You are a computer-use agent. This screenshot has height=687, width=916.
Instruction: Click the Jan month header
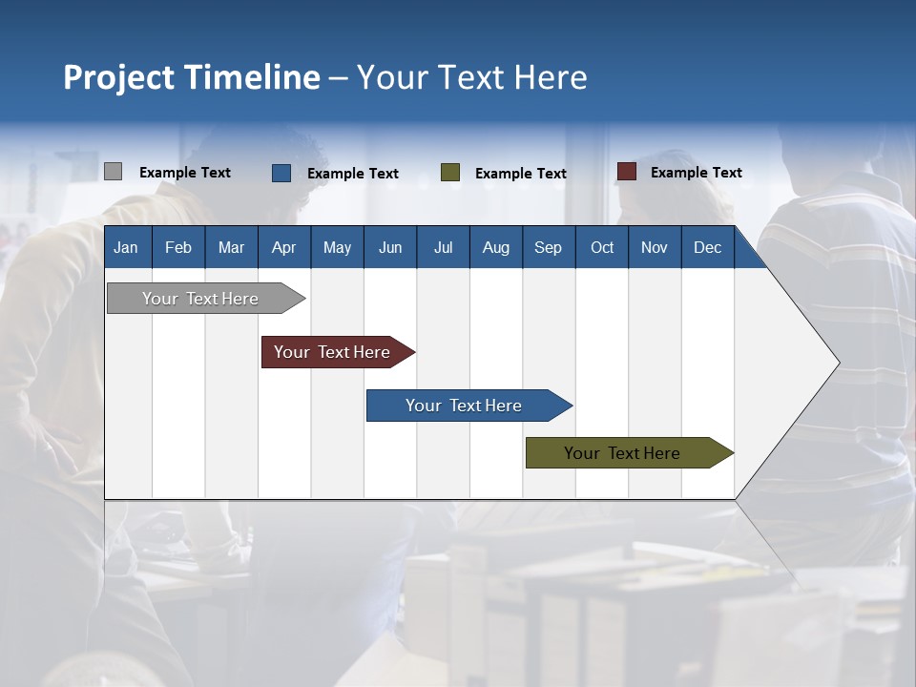[126, 248]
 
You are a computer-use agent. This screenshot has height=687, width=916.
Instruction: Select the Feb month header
[178, 248]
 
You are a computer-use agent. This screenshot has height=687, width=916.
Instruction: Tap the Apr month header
[283, 248]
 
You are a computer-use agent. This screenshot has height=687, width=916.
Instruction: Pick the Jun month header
[390, 248]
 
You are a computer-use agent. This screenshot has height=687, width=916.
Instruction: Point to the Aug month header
[496, 248]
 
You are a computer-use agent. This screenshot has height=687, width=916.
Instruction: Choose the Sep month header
[548, 248]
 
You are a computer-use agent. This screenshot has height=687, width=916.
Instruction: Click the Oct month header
[602, 248]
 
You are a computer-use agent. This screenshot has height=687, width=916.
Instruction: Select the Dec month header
[708, 248]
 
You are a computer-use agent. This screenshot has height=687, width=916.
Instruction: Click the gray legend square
[114, 172]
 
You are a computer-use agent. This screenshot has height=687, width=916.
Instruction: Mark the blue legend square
[281, 173]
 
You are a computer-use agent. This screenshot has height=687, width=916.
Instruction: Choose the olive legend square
[450, 173]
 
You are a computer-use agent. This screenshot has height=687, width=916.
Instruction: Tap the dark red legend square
[627, 172]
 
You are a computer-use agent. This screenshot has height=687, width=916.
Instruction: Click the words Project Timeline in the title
[192, 77]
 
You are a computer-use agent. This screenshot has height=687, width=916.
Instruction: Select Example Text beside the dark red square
[697, 173]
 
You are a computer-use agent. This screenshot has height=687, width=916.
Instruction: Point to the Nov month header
[655, 248]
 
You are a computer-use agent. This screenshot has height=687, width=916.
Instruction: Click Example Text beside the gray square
[185, 173]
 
